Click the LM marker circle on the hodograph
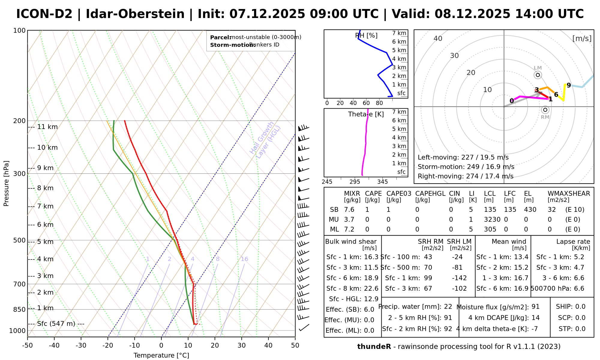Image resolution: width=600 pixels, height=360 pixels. click(x=538, y=75)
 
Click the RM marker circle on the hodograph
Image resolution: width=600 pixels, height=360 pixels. click(x=545, y=110)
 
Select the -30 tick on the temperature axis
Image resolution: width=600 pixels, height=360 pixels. click(x=81, y=345)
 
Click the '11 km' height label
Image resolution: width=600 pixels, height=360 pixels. click(x=47, y=127)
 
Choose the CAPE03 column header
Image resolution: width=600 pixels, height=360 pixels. click(x=399, y=193)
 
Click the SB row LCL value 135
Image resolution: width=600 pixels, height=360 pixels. click(x=490, y=210)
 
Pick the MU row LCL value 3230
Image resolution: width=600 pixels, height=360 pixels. click(x=492, y=220)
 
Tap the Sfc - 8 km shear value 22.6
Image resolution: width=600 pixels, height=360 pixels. click(x=371, y=289)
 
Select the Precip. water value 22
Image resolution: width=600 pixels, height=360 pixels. click(x=448, y=307)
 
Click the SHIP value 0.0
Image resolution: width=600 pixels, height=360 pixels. click(x=580, y=307)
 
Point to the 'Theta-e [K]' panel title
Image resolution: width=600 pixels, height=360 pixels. click(x=366, y=114)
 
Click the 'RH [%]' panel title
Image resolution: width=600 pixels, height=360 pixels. click(x=366, y=36)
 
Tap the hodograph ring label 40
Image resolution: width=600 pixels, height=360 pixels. click(x=438, y=38)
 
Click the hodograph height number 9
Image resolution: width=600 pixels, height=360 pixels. click(x=568, y=85)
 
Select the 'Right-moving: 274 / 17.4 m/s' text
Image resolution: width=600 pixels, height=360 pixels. click(x=465, y=176)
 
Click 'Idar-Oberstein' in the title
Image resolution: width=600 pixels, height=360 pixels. click(x=135, y=14)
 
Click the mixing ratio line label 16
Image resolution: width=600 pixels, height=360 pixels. click(x=244, y=259)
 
